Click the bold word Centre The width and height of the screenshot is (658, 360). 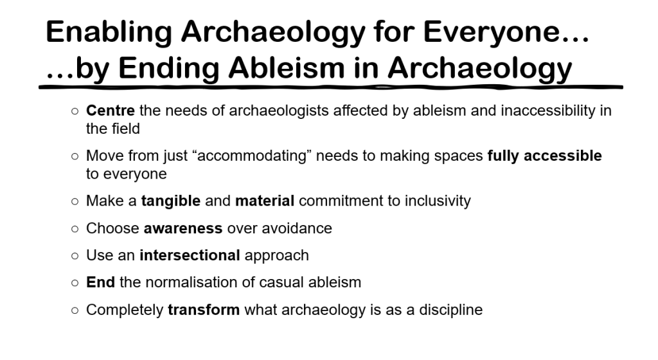[x=111, y=111]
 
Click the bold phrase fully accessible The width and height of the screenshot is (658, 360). [x=544, y=156]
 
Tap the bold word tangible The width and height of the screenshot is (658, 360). [x=171, y=201]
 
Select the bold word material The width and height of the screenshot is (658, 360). [x=264, y=201]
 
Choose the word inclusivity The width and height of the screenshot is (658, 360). [x=438, y=201]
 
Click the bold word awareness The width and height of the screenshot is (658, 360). [x=183, y=228]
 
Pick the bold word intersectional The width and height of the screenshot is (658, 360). [x=189, y=255]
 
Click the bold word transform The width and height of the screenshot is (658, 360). [x=204, y=310]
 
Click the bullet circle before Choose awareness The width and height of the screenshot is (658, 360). [x=75, y=229]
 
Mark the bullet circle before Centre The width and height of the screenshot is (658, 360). [x=75, y=111]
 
